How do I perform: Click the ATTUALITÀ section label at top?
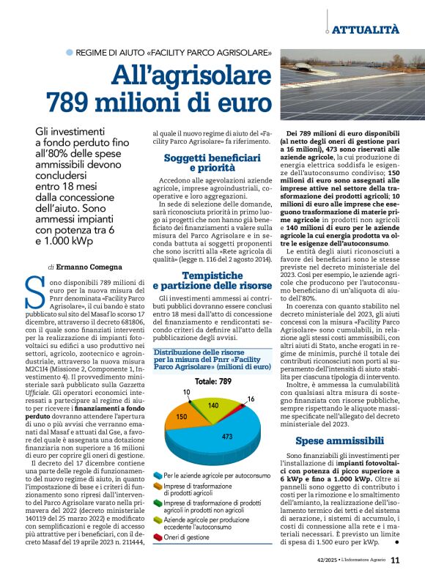click(366, 29)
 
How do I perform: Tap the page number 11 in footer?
click(395, 560)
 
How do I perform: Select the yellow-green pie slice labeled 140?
click(212, 405)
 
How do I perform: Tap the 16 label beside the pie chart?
click(251, 399)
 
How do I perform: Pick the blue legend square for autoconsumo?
click(158, 475)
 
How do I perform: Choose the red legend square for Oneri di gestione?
click(158, 536)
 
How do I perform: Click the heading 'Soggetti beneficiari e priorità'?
click(211, 163)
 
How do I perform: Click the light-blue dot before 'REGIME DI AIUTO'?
click(70, 53)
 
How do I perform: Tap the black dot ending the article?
click(396, 543)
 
